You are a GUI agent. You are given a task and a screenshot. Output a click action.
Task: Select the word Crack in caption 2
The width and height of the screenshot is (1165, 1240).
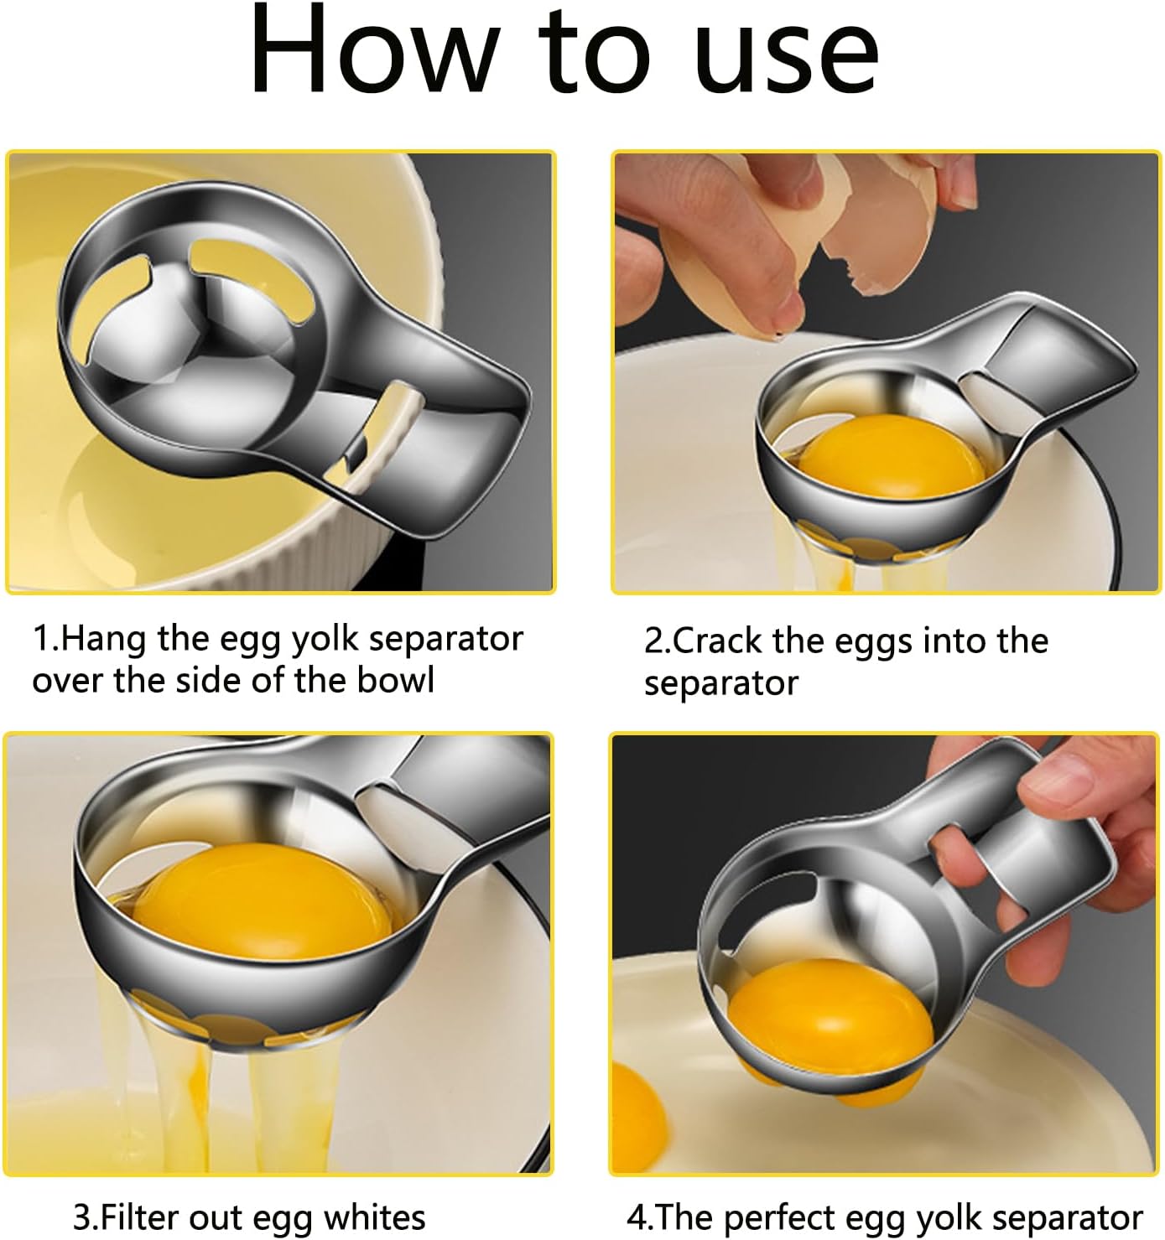[718, 641]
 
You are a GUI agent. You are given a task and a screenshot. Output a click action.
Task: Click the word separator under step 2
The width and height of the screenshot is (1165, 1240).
[720, 683]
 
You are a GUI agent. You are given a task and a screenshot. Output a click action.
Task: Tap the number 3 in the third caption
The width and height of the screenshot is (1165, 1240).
[81, 1217]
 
